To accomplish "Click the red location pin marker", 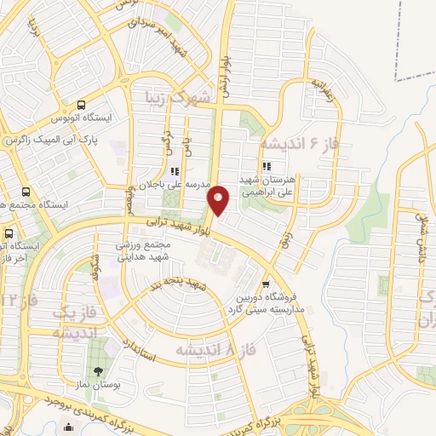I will [x=220, y=200].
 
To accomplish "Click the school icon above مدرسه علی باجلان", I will [x=175, y=171].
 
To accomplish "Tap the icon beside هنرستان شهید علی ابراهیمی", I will [x=267, y=166].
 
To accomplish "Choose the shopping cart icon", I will [x=267, y=284].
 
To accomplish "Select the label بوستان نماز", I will [x=100, y=387].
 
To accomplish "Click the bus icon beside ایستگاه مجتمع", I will [x=25, y=192].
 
